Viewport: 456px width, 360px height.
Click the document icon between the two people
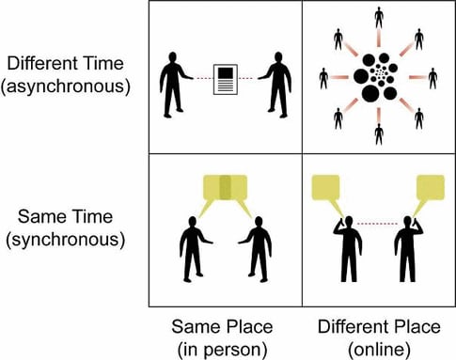tap(226, 78)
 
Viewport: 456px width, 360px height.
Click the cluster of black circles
tap(379, 79)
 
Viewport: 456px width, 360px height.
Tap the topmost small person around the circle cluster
tap(379, 17)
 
